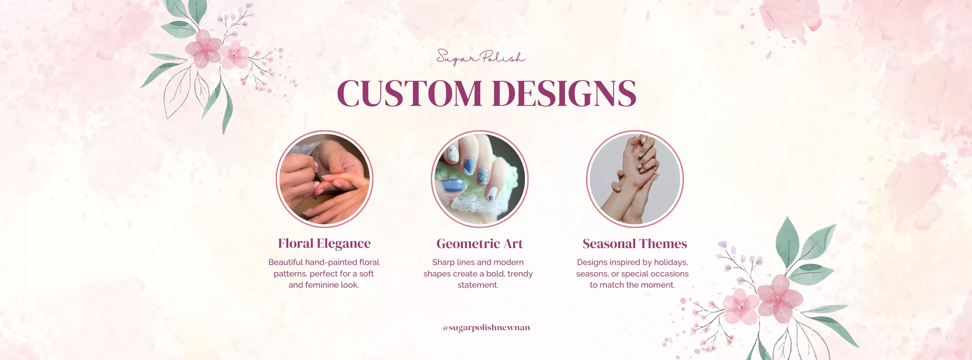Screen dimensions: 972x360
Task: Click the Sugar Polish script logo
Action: tap(480, 57)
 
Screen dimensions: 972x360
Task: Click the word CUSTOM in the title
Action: tap(409, 93)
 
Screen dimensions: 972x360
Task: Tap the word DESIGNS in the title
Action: tap(564, 93)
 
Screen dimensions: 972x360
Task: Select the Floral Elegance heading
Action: tap(324, 243)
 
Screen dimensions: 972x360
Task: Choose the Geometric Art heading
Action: tap(480, 243)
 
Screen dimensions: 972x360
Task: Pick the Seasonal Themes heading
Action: tap(635, 243)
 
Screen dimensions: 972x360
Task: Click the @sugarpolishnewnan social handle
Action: tap(486, 328)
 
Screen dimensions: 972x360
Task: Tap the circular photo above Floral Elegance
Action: tap(324, 179)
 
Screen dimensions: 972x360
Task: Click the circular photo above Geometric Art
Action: tap(480, 179)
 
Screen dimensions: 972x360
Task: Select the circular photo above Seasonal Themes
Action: tap(635, 179)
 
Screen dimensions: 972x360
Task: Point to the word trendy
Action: tap(520, 274)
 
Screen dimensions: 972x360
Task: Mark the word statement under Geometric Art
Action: tap(478, 285)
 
